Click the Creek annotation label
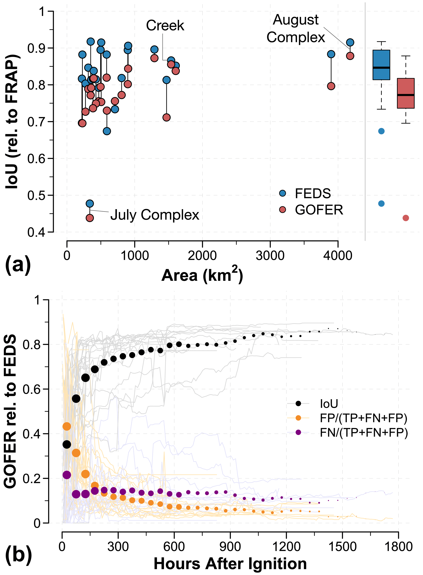pos(165,26)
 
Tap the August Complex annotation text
pos(296,28)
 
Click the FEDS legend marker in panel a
pos(282,193)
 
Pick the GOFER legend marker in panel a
pos(282,210)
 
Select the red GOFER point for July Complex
pos(90,218)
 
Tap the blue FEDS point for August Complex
pos(350,42)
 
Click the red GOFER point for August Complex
pos(350,56)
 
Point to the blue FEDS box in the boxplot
pos(381,65)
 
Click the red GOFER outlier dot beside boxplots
pos(406,218)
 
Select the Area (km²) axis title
pos(202,275)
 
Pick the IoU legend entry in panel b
pos(329,404)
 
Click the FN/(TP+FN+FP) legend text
pos(364,432)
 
